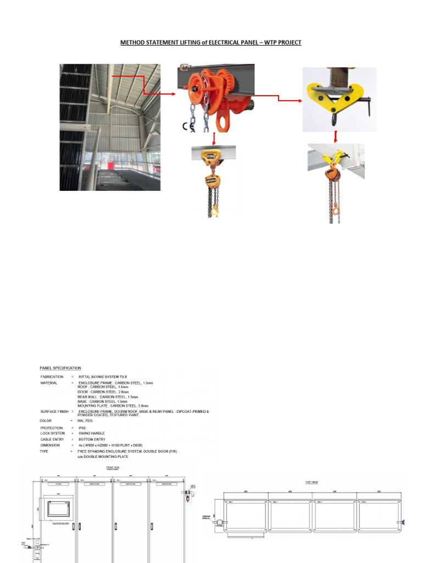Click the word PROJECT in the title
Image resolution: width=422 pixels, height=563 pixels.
[x=287, y=42]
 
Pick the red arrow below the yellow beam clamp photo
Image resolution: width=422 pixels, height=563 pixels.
[x=336, y=136]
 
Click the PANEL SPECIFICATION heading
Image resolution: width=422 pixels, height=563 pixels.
[x=60, y=368]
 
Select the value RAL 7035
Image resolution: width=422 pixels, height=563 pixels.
[x=85, y=421]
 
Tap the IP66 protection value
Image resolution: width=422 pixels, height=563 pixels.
[x=83, y=428]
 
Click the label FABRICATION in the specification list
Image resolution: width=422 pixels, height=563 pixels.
[x=52, y=376]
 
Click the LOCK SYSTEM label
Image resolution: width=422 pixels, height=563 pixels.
[x=53, y=434]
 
